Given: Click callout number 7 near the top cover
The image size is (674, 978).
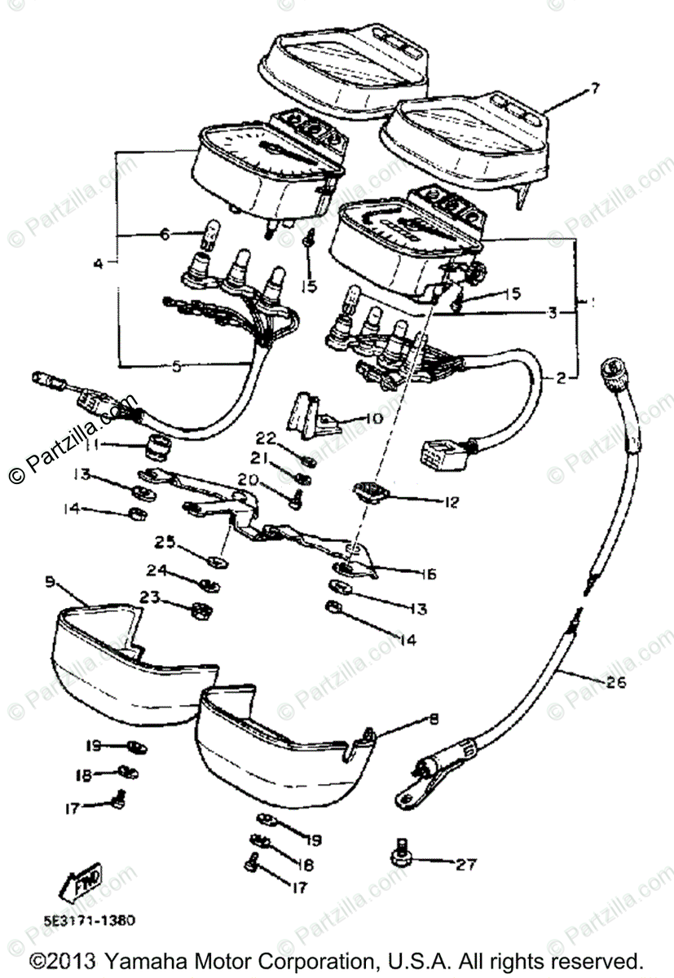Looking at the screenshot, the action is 594,88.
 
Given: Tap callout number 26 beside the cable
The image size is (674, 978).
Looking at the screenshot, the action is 616,682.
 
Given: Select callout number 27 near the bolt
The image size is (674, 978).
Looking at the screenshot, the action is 465,864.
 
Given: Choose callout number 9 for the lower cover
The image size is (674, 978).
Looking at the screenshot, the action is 50,583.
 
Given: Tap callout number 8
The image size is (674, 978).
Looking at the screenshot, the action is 434,719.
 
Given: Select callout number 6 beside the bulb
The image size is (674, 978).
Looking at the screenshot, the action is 165,235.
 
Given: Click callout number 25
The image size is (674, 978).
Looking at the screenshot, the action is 165,541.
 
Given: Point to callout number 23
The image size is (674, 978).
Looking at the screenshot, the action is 148,597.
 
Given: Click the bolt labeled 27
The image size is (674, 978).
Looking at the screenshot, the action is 401,852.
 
